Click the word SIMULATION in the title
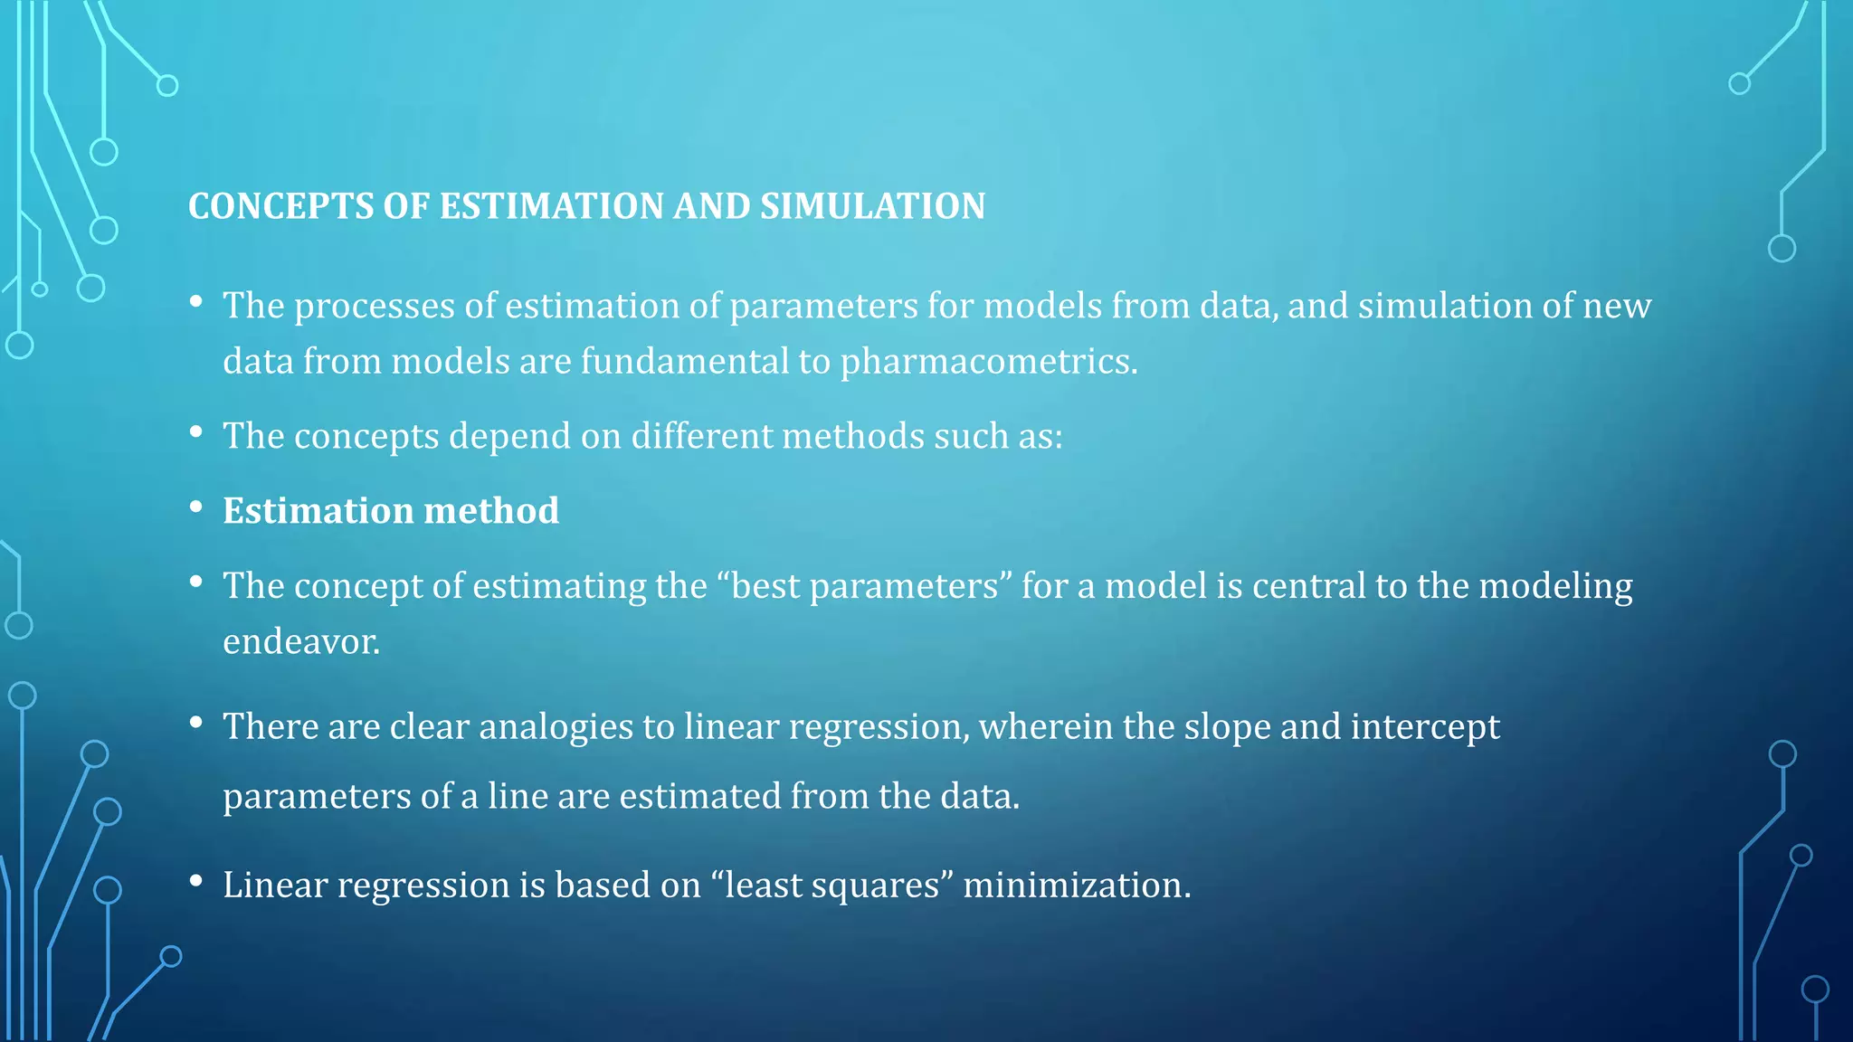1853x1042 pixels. [x=872, y=206]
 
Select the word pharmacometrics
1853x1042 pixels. [x=988, y=362]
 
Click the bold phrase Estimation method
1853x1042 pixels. [x=391, y=511]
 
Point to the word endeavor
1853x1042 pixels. [x=301, y=642]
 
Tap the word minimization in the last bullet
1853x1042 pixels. [x=1076, y=885]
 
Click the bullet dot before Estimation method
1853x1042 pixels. [x=195, y=507]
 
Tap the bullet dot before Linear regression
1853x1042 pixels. [x=195, y=881]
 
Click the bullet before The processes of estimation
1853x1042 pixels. [x=195, y=302]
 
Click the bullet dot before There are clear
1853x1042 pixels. [x=195, y=724]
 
